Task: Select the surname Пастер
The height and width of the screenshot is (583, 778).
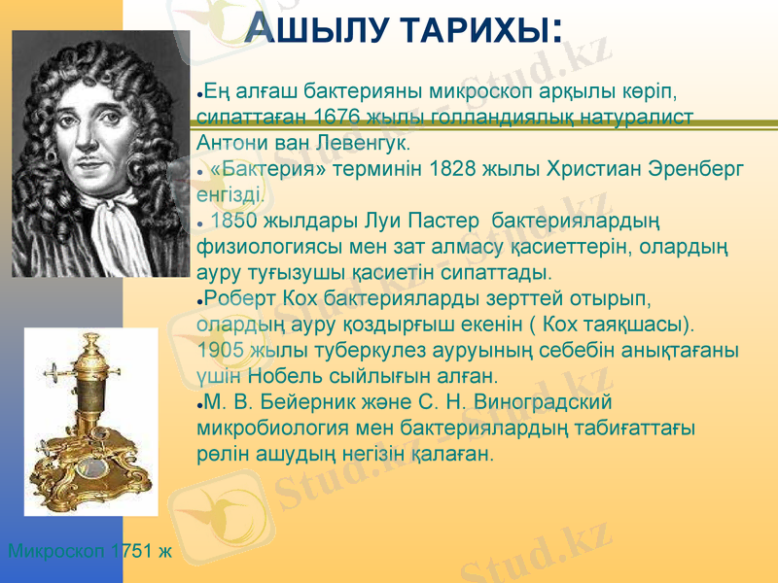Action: click(x=439, y=223)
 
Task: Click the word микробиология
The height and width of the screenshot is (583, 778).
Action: click(x=262, y=427)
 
